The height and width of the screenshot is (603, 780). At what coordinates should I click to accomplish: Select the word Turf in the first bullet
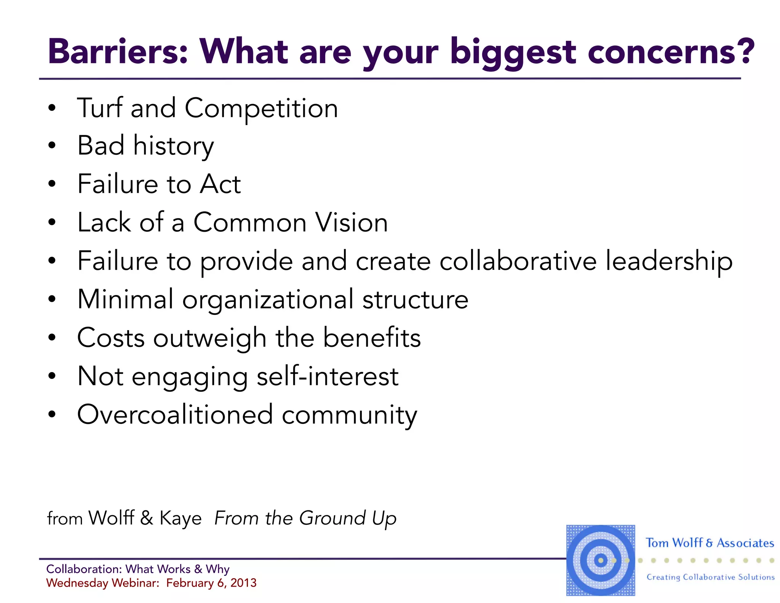[x=100, y=108]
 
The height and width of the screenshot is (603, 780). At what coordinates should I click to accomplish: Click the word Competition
[x=261, y=109]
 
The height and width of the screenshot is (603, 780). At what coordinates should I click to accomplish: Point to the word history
[x=173, y=146]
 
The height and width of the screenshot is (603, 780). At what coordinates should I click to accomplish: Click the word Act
[x=221, y=184]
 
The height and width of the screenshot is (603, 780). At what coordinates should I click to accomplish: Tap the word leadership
[x=669, y=261]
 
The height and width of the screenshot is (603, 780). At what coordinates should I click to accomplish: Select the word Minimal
[x=125, y=299]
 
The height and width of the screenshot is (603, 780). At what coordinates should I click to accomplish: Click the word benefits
[x=372, y=338]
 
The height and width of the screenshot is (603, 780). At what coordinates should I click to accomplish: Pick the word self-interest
[x=328, y=377]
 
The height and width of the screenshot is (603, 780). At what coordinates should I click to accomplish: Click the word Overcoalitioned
[x=175, y=415]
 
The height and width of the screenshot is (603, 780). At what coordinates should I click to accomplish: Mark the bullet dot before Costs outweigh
[x=52, y=338]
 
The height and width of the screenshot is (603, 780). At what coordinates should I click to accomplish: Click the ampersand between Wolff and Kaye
[x=147, y=518]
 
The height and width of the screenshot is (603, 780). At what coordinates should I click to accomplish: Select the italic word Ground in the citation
[x=332, y=518]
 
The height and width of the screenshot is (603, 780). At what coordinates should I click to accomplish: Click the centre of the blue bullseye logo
[x=601, y=560]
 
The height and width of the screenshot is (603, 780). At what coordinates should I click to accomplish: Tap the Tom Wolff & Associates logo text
[x=710, y=543]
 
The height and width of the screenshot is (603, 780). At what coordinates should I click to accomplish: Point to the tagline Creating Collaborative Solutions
[x=710, y=577]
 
